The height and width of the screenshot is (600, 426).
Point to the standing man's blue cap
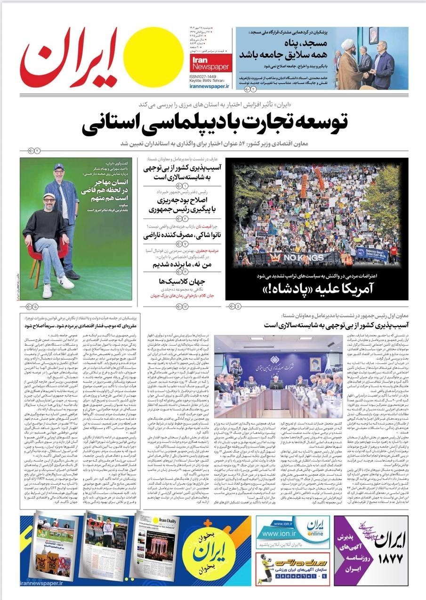point(58,167)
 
